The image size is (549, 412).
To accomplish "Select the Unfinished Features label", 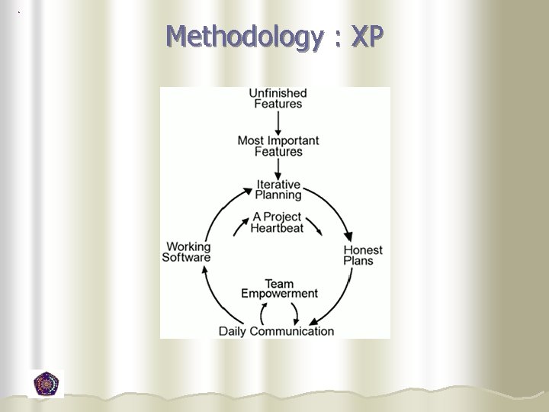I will [x=278, y=98].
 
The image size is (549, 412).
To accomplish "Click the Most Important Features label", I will [x=278, y=146].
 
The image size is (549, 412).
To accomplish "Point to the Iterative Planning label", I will [x=278, y=189].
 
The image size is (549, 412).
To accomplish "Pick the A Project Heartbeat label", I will [x=277, y=222].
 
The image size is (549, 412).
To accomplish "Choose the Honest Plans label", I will [x=362, y=255].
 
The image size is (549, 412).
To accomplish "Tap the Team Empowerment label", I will [x=279, y=288].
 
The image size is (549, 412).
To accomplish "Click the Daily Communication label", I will [x=276, y=331].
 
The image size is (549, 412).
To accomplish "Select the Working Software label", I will [x=186, y=252].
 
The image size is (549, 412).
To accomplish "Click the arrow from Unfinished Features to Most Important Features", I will [x=278, y=121].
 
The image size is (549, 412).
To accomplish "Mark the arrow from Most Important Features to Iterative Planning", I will [x=278, y=169].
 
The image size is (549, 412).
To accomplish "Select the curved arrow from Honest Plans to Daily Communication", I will [x=335, y=301].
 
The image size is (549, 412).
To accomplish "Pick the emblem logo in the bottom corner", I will [x=47, y=383].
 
